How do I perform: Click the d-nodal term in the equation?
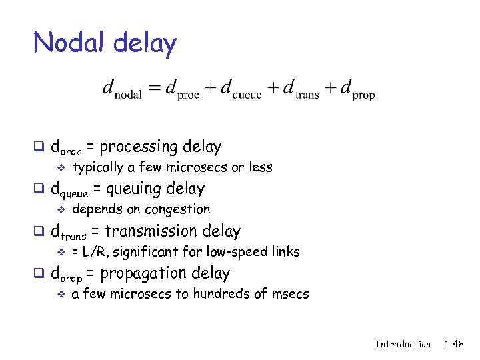[x=122, y=89]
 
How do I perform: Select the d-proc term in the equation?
[x=181, y=89]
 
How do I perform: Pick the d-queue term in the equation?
[x=241, y=89]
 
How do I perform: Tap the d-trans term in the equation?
[x=301, y=89]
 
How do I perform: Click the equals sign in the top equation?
[x=155, y=88]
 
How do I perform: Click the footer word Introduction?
[x=403, y=344]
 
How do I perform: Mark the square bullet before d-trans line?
[x=39, y=233]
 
